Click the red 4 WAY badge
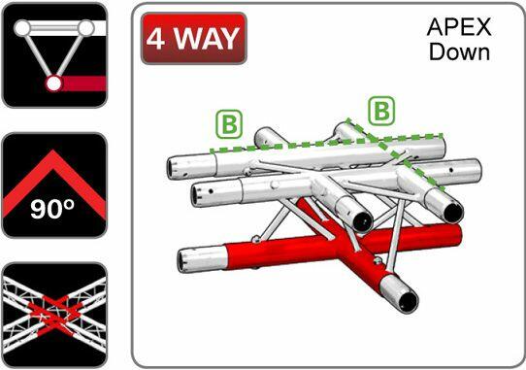click(x=194, y=38)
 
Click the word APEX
click(x=459, y=27)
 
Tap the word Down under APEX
click(x=460, y=52)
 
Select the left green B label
click(x=229, y=124)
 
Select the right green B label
click(x=381, y=111)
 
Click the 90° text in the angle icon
click(x=52, y=209)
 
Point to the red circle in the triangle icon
click(x=53, y=84)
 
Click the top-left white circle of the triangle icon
click(x=22, y=28)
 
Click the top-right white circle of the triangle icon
click(x=85, y=28)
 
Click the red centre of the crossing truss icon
click(x=54, y=316)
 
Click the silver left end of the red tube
click(x=202, y=259)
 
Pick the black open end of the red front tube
click(x=408, y=299)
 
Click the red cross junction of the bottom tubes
click(x=343, y=243)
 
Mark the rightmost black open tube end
click(x=453, y=212)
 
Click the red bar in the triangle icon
click(x=83, y=84)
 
